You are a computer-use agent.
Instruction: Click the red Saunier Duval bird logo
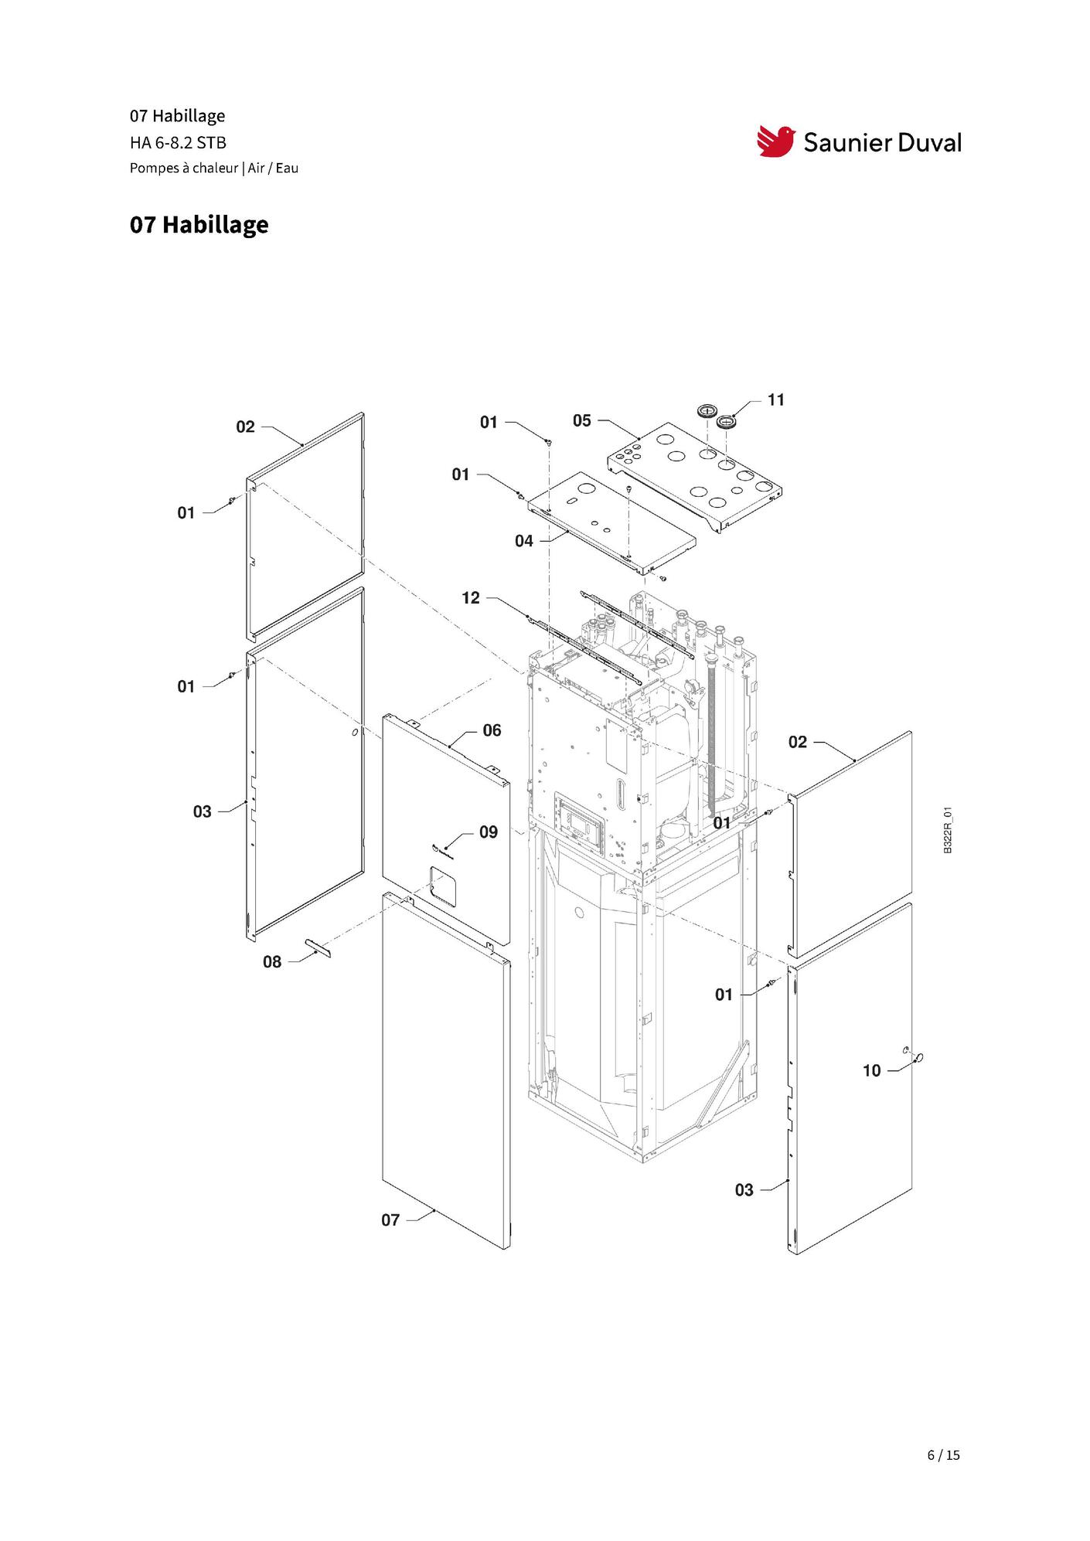click(776, 141)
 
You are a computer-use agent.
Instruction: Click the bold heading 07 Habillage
click(199, 225)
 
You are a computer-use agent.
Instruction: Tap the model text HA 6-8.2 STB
click(178, 142)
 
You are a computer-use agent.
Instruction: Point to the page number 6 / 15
click(943, 1455)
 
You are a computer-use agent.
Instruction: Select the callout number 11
click(775, 400)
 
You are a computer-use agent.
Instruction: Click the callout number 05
click(581, 420)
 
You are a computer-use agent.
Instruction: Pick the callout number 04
click(524, 541)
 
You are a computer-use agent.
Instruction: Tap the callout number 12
click(471, 597)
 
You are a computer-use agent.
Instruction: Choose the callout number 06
click(492, 730)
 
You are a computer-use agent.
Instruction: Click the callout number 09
click(489, 832)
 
